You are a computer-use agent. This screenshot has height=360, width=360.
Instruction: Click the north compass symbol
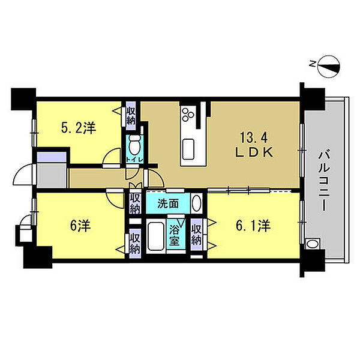tap(328, 67)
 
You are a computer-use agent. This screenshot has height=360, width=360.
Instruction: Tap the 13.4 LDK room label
tap(254, 145)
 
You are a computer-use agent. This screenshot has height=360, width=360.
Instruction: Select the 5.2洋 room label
tap(79, 128)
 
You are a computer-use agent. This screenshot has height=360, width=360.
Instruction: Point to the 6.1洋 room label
tap(253, 226)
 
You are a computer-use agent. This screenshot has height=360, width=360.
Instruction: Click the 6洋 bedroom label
tap(80, 226)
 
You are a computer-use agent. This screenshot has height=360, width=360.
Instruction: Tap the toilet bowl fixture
tap(135, 145)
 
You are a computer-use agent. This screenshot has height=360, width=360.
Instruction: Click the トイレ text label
tap(135, 160)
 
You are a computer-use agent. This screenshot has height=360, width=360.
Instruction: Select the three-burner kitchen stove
tap(188, 114)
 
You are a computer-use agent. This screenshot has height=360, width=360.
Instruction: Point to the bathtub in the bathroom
tap(156, 236)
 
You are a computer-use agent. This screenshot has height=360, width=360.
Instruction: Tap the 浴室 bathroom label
tap(175, 235)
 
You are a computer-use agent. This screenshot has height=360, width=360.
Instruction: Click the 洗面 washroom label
tap(168, 203)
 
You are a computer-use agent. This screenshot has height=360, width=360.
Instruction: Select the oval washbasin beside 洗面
tap(196, 203)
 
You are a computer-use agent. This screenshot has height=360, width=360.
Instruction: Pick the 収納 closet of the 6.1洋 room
tap(197, 235)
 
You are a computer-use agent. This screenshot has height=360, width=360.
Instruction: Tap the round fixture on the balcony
tap(312, 244)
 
